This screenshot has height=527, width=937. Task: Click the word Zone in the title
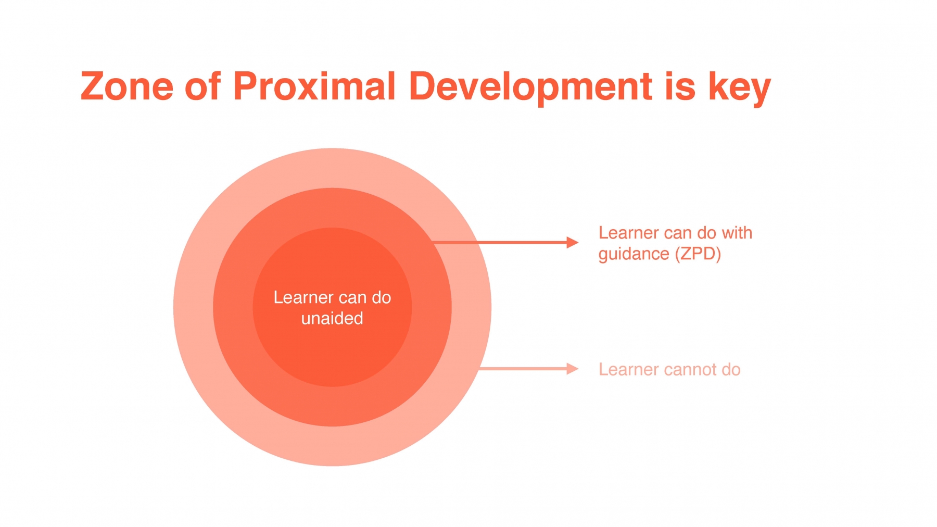(x=127, y=86)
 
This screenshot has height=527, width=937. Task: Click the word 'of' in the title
(x=203, y=86)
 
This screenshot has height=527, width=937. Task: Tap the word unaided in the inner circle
(x=332, y=318)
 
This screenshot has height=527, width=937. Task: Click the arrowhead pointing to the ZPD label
(x=573, y=243)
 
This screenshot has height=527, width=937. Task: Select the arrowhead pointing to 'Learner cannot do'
(x=573, y=369)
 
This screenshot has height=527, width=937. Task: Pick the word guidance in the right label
(x=634, y=255)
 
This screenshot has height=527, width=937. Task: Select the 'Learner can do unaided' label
(x=332, y=308)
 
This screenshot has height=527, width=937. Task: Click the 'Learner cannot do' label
(x=669, y=369)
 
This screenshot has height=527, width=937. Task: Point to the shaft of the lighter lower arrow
(x=523, y=369)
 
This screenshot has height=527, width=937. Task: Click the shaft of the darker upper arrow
(x=500, y=243)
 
